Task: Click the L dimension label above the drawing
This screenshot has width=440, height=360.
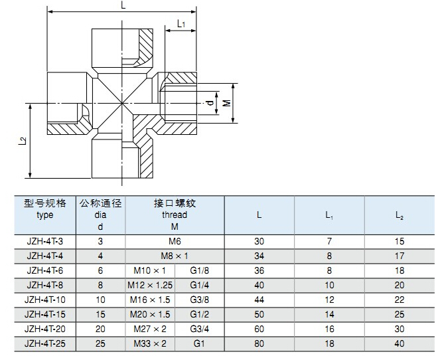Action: point(123,5)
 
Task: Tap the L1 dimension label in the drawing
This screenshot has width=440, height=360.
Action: point(181,25)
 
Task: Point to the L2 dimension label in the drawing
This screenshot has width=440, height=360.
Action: point(23,141)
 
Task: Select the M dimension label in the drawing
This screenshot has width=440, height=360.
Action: point(226,103)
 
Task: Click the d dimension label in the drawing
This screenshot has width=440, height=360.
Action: point(208,103)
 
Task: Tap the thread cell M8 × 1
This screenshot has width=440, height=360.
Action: point(175,256)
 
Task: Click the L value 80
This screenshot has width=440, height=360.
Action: point(259,343)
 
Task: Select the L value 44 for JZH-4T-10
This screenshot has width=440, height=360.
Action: point(259,300)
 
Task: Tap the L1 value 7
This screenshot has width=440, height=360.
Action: point(329,241)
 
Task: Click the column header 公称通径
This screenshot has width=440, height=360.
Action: point(100,203)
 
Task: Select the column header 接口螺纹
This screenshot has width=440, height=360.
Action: point(175,203)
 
